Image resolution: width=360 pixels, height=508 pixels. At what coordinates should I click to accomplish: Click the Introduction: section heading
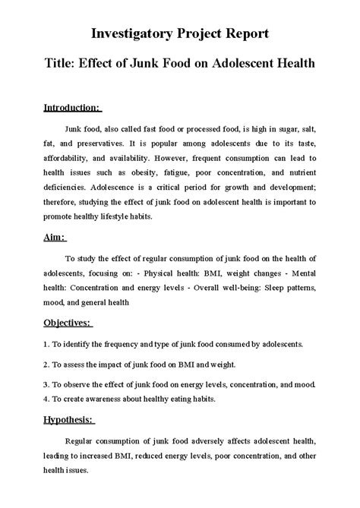[x=73, y=108]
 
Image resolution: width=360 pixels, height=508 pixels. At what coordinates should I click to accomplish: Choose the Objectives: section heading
[x=67, y=323]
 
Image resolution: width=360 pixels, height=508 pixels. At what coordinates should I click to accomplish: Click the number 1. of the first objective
[x=46, y=343]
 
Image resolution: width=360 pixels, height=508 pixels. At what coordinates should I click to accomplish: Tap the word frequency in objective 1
[x=122, y=343]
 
